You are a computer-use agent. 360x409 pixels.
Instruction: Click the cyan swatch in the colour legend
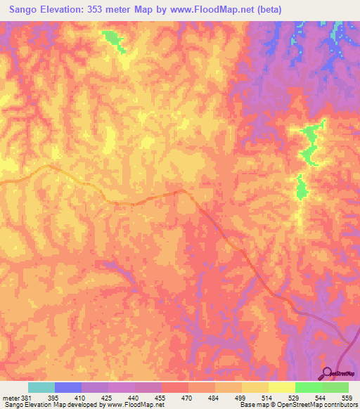(41, 387)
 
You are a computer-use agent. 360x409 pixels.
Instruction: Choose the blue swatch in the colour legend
(68, 387)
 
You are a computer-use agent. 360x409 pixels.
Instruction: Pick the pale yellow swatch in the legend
(281, 387)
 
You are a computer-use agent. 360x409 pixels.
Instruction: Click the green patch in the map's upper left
(113, 41)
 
